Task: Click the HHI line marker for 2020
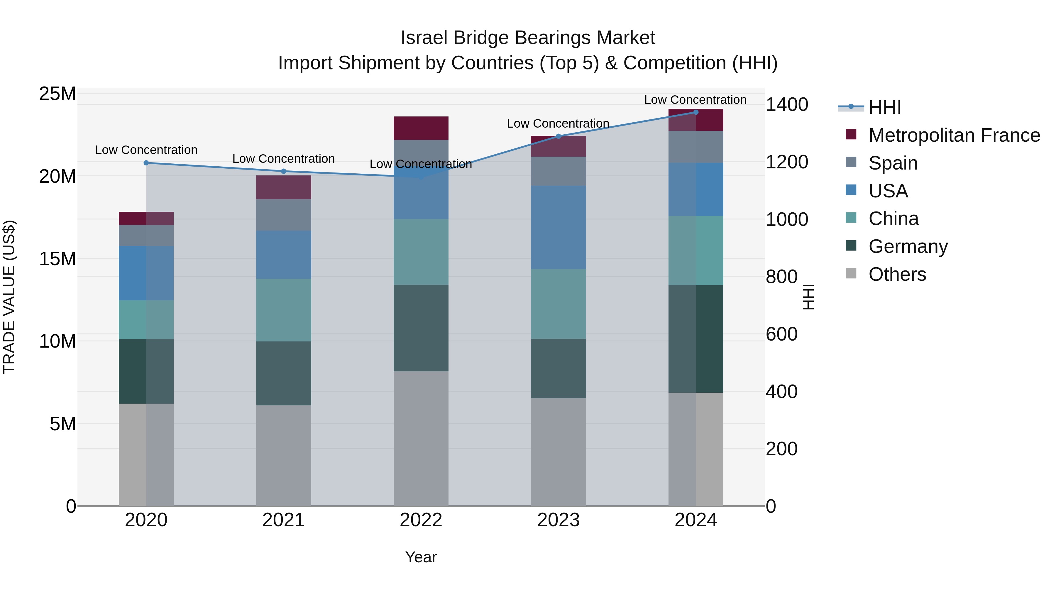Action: tap(146, 163)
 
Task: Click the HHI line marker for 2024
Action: tap(696, 112)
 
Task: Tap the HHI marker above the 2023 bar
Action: tap(558, 136)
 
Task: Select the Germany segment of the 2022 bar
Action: tap(421, 328)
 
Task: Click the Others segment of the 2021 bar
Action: tap(283, 455)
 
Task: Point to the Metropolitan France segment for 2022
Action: tap(421, 128)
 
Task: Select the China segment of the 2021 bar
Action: tap(283, 310)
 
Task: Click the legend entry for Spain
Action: tap(893, 163)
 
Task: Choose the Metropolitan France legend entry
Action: tap(954, 135)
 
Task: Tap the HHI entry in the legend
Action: tap(885, 107)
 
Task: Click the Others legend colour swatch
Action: tap(851, 273)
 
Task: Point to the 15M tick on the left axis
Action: tap(57, 259)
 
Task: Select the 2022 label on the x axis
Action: tap(421, 520)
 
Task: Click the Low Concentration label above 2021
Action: tap(283, 159)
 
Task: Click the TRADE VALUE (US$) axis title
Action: tap(9, 297)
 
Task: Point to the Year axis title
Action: tap(421, 557)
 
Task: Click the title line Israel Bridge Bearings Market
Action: tap(528, 38)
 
